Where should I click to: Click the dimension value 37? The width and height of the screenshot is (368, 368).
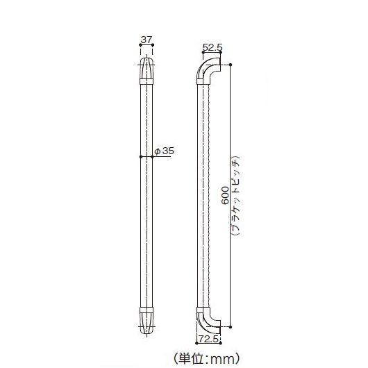point(146,40)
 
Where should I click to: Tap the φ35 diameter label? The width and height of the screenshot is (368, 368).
point(163,150)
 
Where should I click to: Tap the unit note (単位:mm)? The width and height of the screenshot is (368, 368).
point(207,358)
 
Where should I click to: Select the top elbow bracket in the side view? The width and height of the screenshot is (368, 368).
point(208,69)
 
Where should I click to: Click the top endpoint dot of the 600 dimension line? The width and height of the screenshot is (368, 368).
point(230,65)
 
